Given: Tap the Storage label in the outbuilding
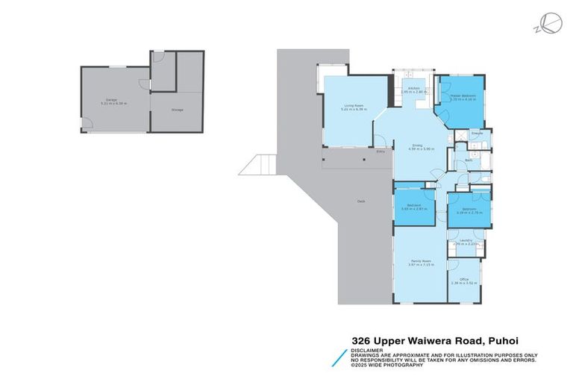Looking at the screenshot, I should click(x=177, y=110).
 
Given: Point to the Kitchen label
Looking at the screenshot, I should click(x=413, y=89).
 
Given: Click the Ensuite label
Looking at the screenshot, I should click(x=477, y=134).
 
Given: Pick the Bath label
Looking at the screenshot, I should click(x=469, y=160).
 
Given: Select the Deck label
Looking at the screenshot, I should click(x=361, y=201).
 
